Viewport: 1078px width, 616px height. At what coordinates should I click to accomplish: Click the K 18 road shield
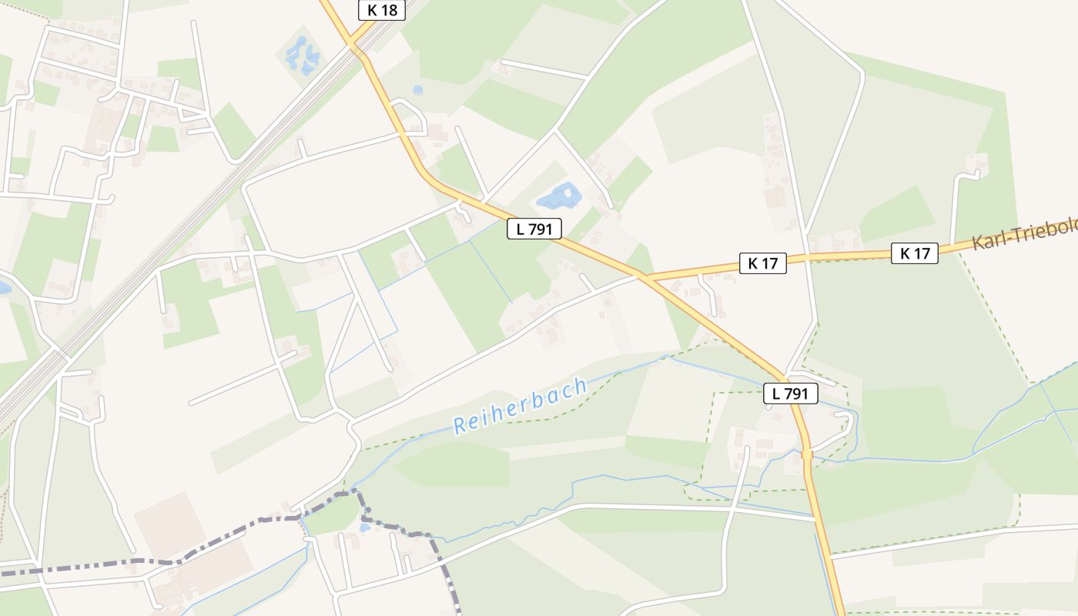tap(381, 10)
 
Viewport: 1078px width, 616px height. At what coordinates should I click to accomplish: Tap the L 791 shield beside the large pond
tap(534, 229)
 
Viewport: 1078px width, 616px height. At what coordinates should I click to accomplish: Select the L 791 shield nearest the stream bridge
tap(790, 393)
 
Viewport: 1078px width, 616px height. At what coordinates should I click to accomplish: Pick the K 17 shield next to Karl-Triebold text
tap(915, 253)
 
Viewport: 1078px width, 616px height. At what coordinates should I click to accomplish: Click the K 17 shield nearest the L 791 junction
tap(762, 263)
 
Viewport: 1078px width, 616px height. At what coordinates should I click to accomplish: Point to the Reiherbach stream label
tap(521, 406)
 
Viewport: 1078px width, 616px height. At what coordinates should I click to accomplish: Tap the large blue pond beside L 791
tap(558, 197)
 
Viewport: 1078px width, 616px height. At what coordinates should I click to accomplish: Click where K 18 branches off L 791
tap(352, 43)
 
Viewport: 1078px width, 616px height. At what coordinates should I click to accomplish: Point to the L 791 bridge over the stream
tap(807, 455)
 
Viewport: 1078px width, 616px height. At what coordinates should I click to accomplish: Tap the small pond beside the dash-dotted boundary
tap(364, 528)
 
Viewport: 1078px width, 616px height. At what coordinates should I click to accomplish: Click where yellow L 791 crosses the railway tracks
tap(357, 49)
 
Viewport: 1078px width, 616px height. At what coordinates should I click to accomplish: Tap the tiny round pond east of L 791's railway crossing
tap(417, 89)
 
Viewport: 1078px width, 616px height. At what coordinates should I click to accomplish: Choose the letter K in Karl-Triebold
tap(978, 243)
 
